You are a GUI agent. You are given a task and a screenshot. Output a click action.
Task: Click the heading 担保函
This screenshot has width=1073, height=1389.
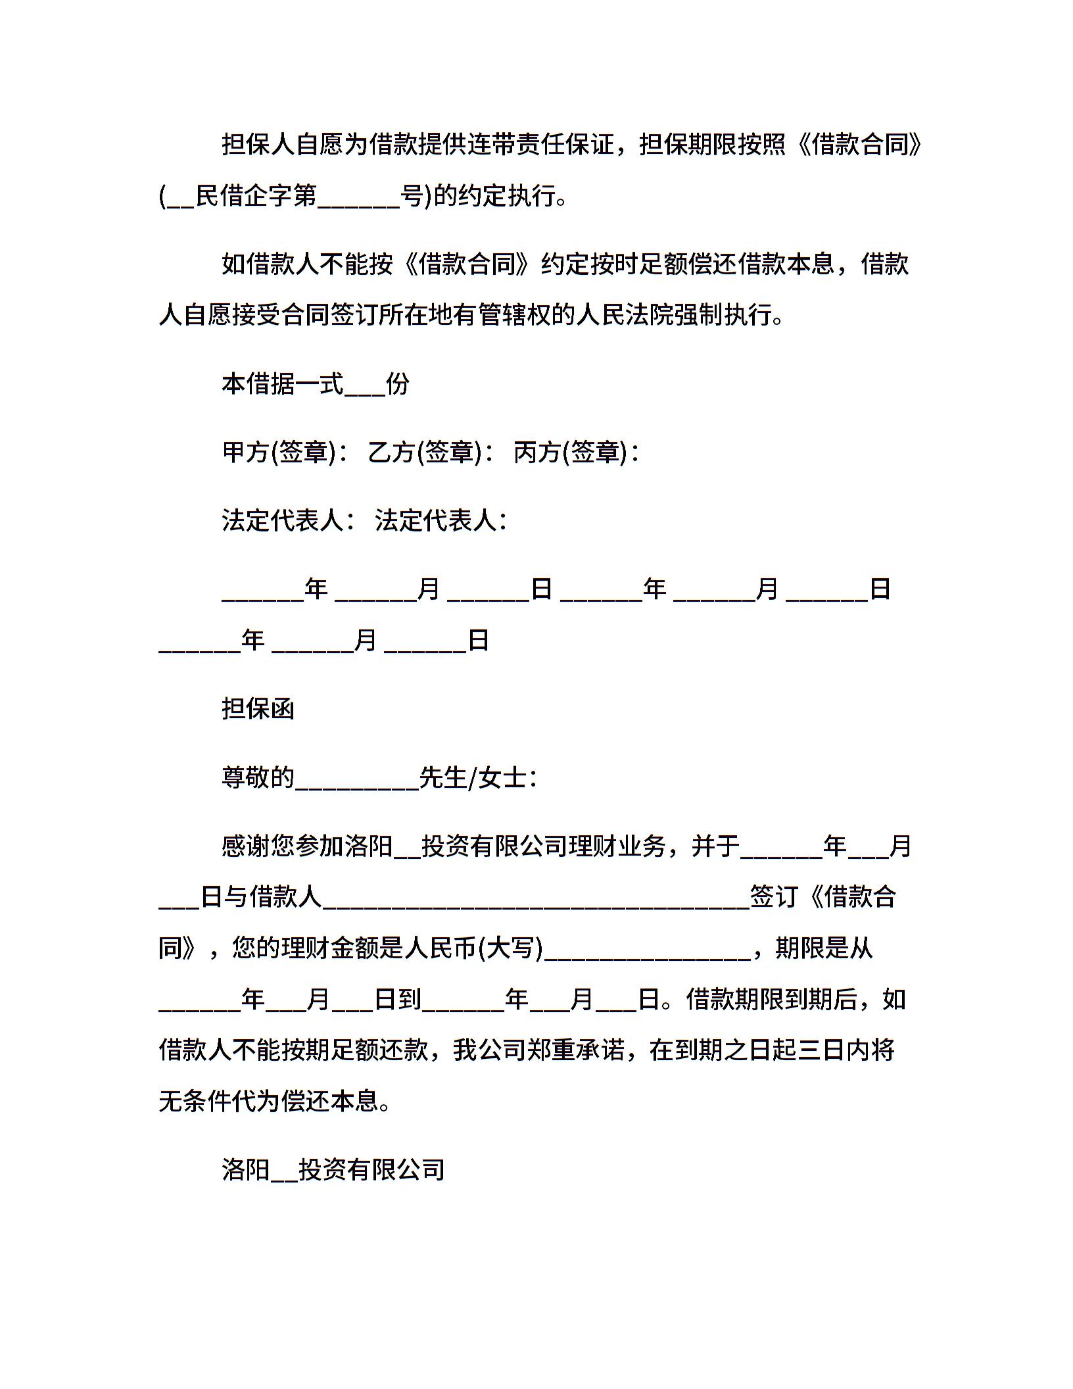coord(258,709)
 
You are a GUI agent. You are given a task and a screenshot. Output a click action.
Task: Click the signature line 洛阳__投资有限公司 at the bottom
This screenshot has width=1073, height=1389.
coord(333,1169)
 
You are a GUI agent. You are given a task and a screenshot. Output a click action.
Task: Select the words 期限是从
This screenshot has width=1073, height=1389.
coord(824,948)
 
